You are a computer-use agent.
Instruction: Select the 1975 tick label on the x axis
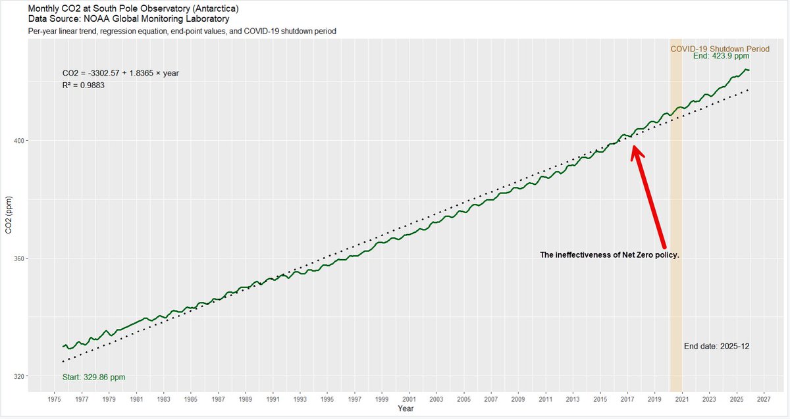54,399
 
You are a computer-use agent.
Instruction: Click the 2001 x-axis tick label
409,399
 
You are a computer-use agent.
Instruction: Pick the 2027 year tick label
764,399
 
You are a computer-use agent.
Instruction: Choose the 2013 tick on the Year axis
573,399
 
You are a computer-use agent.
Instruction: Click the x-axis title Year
406,408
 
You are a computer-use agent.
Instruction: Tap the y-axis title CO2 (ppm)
9,215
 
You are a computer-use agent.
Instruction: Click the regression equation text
120,73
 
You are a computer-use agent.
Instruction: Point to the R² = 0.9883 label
84,86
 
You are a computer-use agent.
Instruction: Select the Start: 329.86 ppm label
93,378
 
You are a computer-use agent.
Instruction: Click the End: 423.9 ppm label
722,56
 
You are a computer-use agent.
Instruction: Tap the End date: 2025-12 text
717,347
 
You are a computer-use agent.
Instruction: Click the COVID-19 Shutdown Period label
720,49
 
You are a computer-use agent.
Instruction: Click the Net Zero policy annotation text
610,255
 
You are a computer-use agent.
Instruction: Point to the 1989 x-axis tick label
245,399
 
